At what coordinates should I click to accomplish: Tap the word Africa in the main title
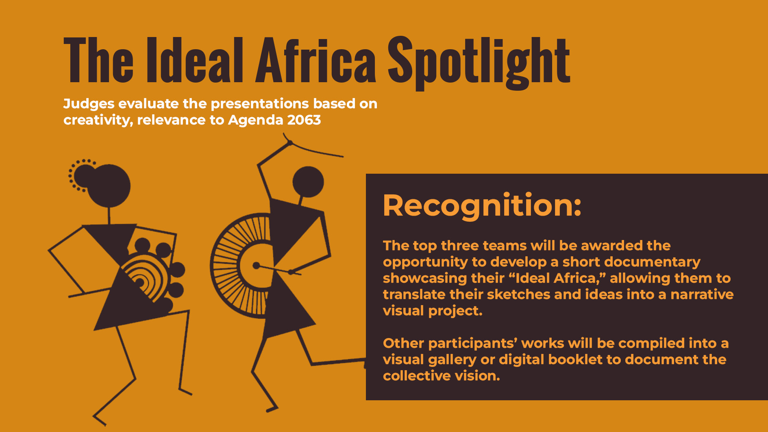(x=316, y=60)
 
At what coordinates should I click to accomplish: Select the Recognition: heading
(x=482, y=206)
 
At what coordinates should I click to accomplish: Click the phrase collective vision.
(x=441, y=375)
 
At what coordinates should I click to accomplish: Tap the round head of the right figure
(x=308, y=181)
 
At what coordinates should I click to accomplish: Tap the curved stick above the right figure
(x=315, y=149)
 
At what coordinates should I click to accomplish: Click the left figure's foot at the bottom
(x=100, y=420)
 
